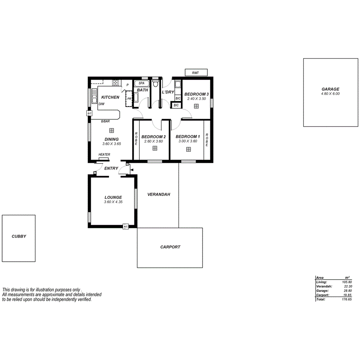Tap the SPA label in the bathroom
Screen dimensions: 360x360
point(141,83)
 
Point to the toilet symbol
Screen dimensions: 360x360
point(156,83)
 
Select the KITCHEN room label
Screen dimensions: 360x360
point(110,97)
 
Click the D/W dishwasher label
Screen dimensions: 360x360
point(102,104)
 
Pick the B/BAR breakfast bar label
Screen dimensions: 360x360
point(105,122)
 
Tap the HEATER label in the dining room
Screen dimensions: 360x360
point(104,155)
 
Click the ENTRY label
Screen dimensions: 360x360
point(111,168)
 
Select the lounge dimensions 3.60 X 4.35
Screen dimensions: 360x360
point(113,202)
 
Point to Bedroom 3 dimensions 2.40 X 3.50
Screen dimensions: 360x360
point(196,99)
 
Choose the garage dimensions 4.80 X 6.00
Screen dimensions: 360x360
point(330,94)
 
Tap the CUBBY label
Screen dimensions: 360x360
point(19,236)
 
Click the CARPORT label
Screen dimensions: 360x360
point(170,247)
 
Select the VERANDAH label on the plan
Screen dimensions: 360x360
point(159,195)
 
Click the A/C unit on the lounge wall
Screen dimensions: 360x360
point(126,227)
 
